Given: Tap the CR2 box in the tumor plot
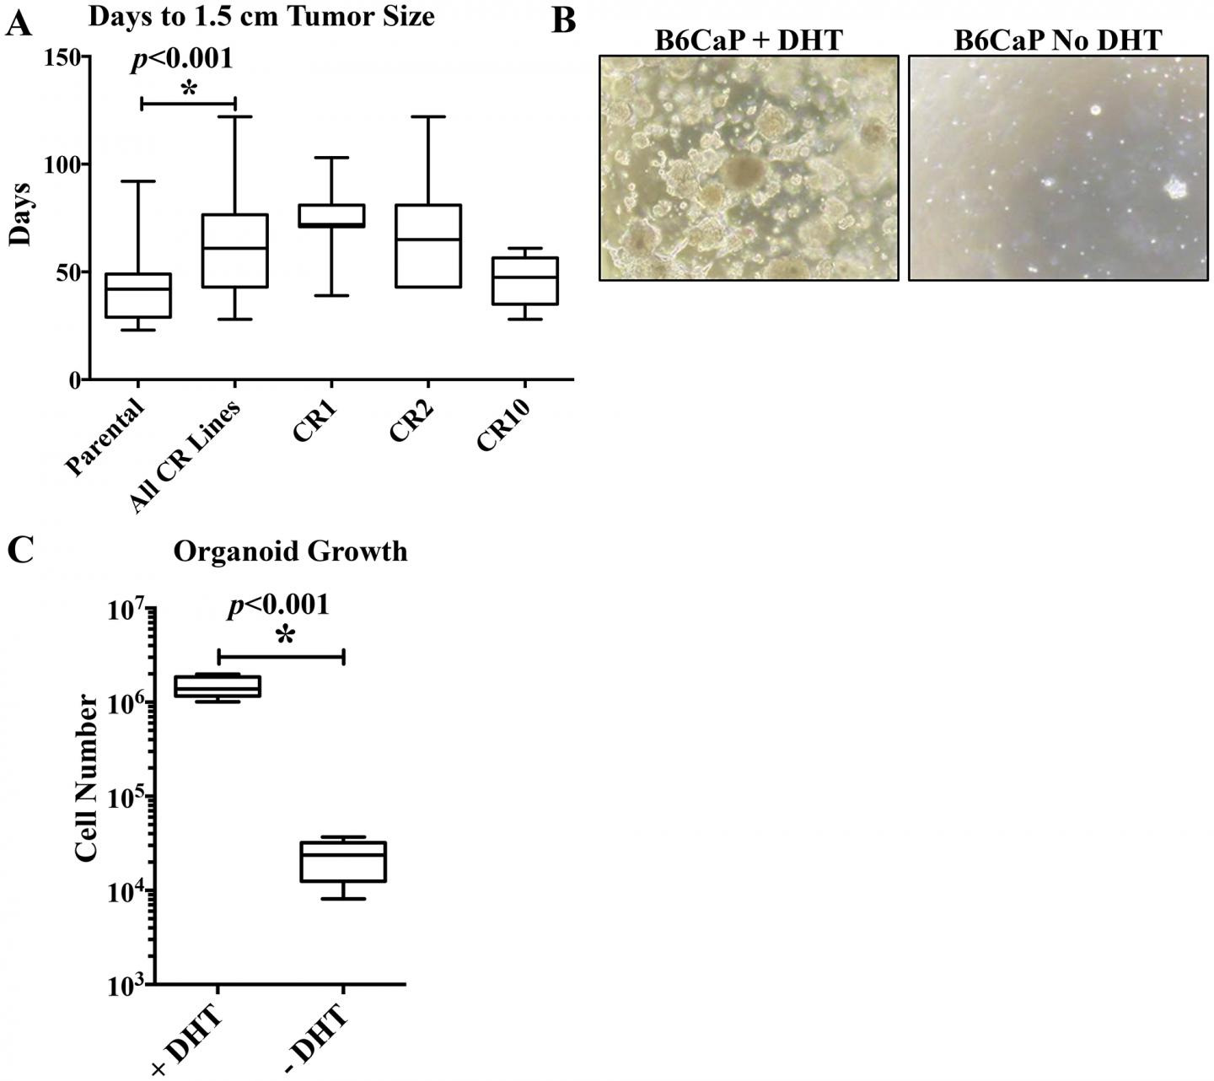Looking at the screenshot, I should click(x=429, y=245).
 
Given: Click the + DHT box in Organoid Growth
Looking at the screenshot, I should click(x=219, y=686).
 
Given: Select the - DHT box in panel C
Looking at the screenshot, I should click(x=344, y=862).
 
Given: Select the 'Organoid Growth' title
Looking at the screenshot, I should click(x=290, y=551).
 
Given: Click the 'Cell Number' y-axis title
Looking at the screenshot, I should click(x=86, y=777).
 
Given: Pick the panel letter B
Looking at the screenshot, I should click(x=563, y=20).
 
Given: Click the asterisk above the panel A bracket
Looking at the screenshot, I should click(x=189, y=89).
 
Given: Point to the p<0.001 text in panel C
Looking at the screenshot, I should click(x=278, y=605).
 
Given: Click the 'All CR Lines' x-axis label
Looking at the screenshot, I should click(x=187, y=454).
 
